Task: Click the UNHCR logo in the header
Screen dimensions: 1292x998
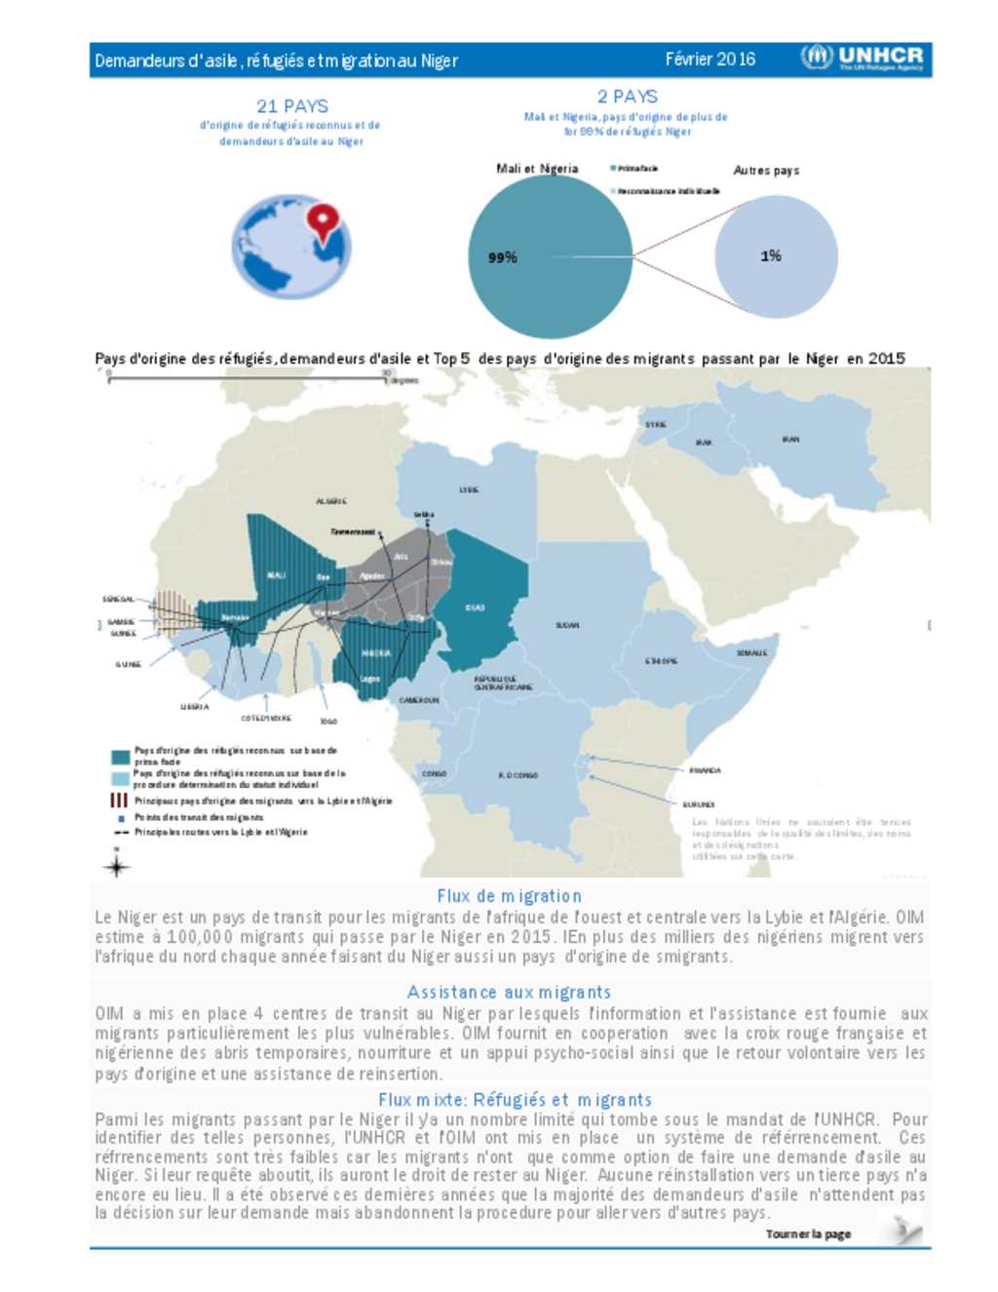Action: (x=862, y=58)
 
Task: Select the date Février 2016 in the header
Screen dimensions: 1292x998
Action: (x=710, y=59)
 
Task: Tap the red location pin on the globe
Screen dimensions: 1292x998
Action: (x=323, y=220)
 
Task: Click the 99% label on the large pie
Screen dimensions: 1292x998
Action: (x=503, y=257)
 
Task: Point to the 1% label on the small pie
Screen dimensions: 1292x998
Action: (x=771, y=255)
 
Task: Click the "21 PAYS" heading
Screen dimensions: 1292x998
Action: (x=292, y=106)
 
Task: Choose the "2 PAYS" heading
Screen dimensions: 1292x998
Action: (x=628, y=97)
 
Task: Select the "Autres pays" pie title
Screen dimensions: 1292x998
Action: (x=766, y=170)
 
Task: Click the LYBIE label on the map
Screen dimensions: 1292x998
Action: (x=469, y=489)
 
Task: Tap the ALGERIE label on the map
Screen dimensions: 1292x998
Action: (x=331, y=501)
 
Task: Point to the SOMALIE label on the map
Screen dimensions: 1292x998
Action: (x=751, y=652)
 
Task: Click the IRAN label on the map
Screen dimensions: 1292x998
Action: (x=790, y=440)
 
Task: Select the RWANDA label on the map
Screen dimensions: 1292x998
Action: (x=705, y=770)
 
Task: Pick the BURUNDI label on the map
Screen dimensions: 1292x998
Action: (x=698, y=804)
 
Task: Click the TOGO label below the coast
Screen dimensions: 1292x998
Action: (x=328, y=722)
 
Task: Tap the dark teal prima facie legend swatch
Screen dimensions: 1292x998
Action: (x=120, y=757)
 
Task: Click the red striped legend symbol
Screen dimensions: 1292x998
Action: (x=119, y=800)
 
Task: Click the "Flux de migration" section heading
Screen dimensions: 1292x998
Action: (x=509, y=895)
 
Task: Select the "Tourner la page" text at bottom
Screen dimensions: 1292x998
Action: (x=808, y=1233)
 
